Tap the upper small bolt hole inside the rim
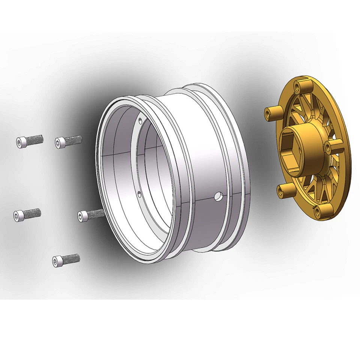140,120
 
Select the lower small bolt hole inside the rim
139,193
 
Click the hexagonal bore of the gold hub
291,143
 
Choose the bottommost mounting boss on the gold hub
321,211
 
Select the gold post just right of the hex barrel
332,147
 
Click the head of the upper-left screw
21,142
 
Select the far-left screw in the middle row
27,214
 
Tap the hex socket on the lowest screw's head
57,261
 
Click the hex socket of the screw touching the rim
82,216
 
